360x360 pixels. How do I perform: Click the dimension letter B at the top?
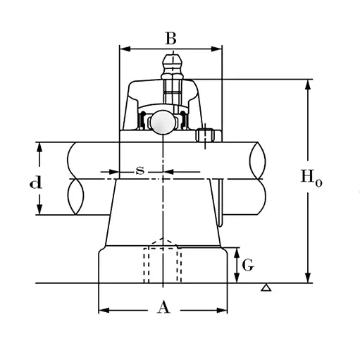point(170,38)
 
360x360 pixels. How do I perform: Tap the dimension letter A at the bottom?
point(163,308)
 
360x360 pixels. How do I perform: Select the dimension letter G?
point(248,265)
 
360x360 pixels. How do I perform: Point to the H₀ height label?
point(311,178)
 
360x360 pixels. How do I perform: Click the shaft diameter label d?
point(36,182)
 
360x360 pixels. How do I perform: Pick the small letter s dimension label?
point(140,170)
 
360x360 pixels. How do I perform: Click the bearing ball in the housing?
point(163,122)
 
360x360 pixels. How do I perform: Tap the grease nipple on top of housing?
point(173,67)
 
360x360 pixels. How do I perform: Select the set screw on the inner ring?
point(206,135)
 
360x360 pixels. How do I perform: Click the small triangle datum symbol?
point(266,288)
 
